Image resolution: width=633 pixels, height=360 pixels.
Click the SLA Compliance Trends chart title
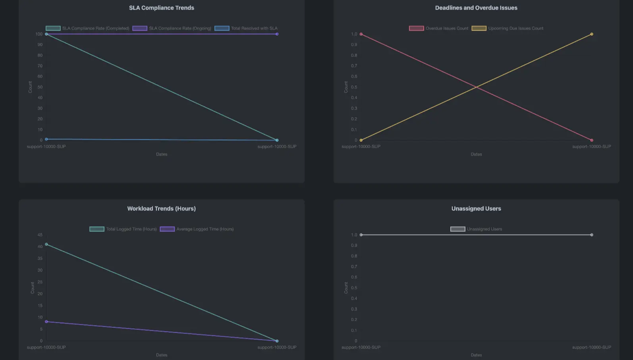161,8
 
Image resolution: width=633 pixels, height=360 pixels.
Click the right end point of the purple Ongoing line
277,34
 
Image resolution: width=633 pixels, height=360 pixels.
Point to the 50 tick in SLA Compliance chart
40,87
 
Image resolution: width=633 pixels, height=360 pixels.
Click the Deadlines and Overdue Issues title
476,8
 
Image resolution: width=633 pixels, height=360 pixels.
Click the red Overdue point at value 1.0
361,34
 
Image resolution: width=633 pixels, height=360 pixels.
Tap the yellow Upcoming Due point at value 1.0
591,34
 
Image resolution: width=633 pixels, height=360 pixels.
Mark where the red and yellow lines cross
476,87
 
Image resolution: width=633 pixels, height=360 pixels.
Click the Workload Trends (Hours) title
161,209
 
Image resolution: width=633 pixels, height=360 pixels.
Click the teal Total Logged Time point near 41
46,244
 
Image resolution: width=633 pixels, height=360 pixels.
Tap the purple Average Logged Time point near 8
46,321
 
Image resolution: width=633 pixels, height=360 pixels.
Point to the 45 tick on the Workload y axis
40,235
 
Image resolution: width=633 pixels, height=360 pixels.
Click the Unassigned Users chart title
476,209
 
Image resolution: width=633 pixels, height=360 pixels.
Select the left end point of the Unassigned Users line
361,235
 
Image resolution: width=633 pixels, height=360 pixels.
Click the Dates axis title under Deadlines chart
476,154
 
